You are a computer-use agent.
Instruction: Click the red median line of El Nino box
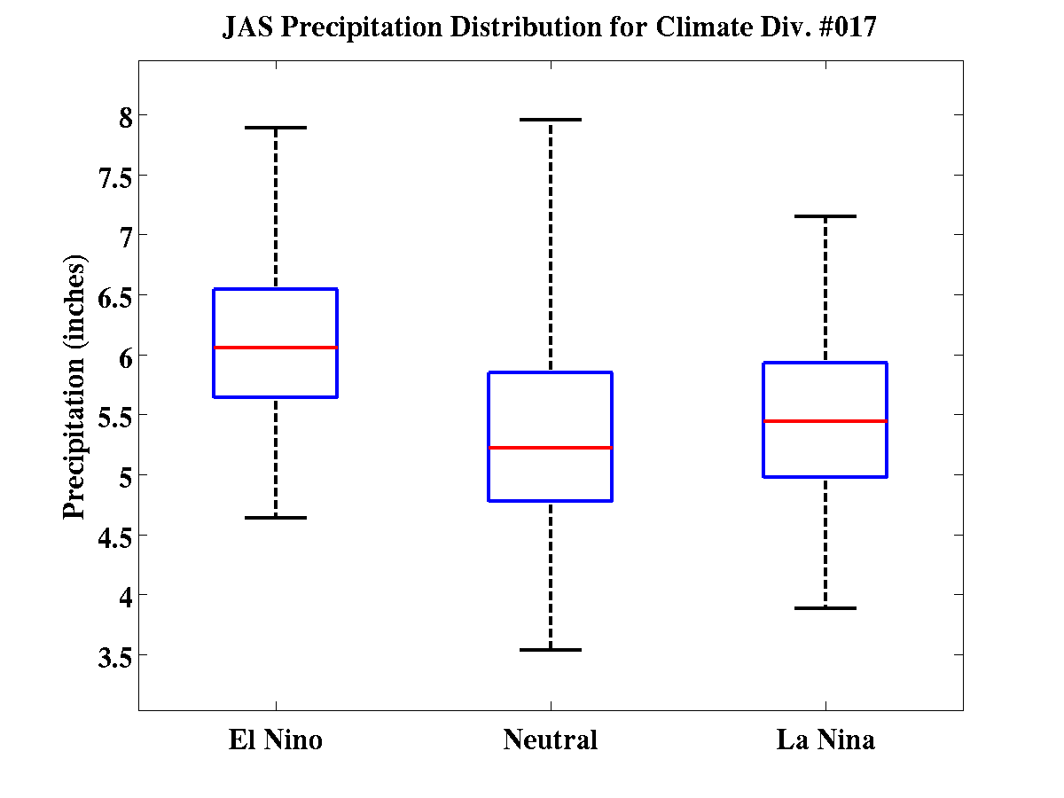pos(275,347)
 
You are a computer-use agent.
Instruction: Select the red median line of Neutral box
pos(550,448)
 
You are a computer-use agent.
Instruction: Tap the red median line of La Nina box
pos(825,421)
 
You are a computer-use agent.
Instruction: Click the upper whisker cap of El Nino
pos(275,128)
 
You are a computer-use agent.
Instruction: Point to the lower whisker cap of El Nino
pos(275,517)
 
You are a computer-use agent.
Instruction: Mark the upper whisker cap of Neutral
pos(550,119)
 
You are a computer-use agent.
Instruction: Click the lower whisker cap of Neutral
pos(550,650)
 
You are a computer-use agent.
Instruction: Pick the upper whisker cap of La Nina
pos(825,216)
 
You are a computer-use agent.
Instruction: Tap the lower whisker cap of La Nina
pos(825,608)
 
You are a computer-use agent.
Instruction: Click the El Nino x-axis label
pos(275,739)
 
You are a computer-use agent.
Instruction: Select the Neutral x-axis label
pos(550,739)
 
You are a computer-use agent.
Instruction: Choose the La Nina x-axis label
pos(825,739)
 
